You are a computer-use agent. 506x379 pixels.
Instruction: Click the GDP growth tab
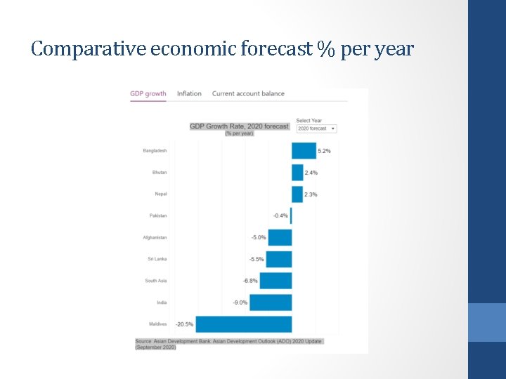click(148, 93)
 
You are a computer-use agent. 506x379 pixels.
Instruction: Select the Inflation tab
click(189, 93)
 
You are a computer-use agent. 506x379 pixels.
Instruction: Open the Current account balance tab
click(248, 93)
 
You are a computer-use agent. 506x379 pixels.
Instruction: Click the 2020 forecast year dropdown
click(316, 128)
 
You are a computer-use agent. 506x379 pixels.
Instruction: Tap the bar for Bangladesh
click(304, 151)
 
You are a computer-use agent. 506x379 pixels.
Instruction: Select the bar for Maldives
click(243, 324)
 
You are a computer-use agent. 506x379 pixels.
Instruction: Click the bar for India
click(271, 302)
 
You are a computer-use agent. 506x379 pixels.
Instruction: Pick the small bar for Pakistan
click(291, 215)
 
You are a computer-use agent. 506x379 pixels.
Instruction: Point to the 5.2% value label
click(324, 151)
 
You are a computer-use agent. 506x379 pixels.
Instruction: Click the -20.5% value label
click(184, 324)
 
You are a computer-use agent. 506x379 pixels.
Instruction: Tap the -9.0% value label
click(240, 302)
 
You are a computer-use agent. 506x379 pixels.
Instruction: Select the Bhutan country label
click(160, 173)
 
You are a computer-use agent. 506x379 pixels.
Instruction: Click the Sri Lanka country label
click(157, 259)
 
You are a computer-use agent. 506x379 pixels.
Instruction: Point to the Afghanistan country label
click(155, 237)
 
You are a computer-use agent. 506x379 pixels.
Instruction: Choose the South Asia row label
click(156, 281)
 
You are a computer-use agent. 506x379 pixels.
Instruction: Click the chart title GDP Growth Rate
click(239, 126)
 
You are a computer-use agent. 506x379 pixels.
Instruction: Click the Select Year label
click(309, 121)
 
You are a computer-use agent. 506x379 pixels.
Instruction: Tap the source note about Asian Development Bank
click(228, 344)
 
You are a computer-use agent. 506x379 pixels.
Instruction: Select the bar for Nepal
click(297, 194)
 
